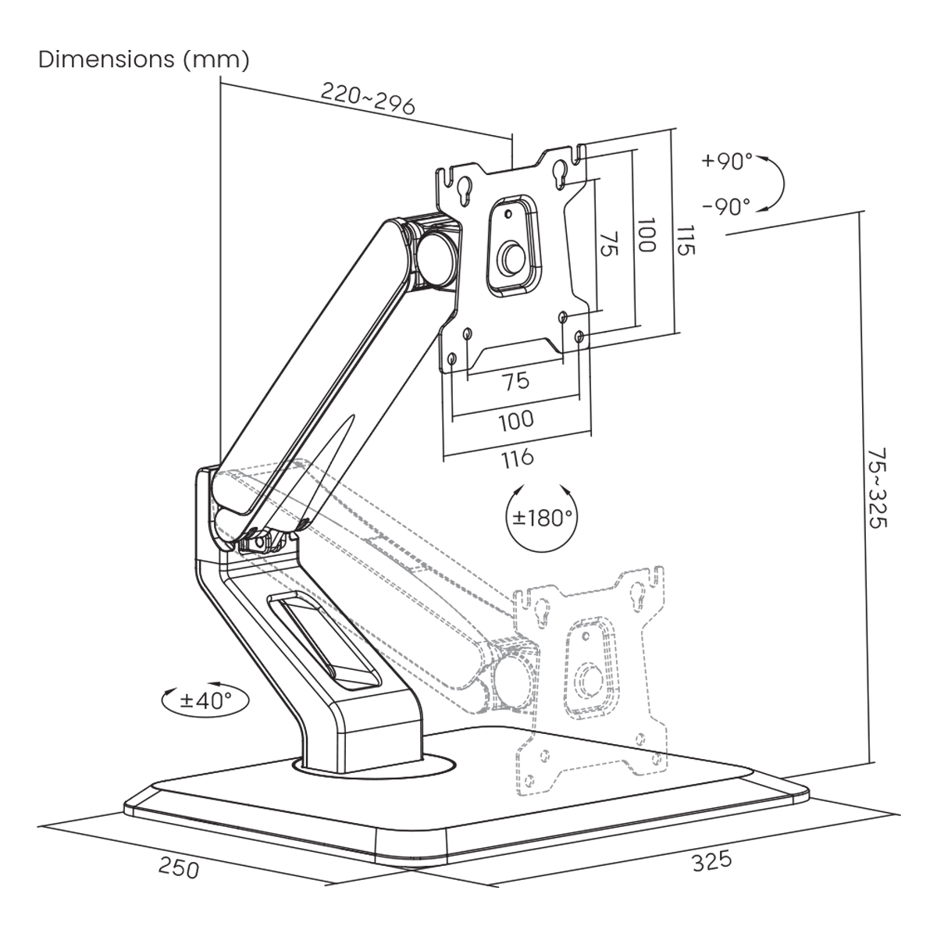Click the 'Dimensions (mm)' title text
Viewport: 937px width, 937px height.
click(x=144, y=60)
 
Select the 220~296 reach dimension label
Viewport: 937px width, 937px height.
click(x=368, y=101)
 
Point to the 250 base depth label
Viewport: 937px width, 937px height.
click(x=180, y=868)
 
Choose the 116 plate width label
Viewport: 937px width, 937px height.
click(x=516, y=457)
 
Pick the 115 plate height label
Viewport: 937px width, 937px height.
click(x=685, y=240)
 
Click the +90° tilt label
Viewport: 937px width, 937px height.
click(x=726, y=162)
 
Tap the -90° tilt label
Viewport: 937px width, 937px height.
click(x=726, y=206)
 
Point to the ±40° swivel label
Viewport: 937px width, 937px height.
click(x=205, y=699)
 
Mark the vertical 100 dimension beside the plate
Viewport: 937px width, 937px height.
click(x=644, y=234)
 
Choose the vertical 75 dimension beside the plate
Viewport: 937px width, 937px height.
click(x=610, y=244)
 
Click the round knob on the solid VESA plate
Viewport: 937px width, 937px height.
click(x=511, y=257)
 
